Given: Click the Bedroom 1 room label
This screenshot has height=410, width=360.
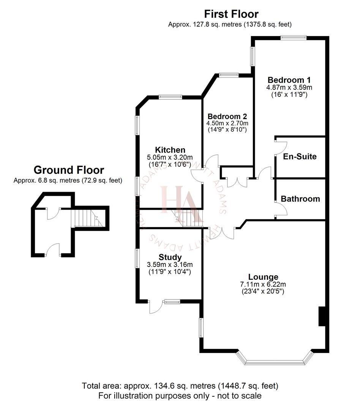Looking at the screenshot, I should (x=289, y=80).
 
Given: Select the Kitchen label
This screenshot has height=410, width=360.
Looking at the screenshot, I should (x=170, y=150).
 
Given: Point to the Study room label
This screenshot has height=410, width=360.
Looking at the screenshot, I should (x=170, y=258).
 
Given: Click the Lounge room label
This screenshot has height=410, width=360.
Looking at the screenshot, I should (x=263, y=277).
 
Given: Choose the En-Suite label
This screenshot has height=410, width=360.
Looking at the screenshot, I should (x=300, y=156).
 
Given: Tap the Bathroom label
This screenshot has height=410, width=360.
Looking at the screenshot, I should (x=300, y=199).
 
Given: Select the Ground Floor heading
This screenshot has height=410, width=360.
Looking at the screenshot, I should (x=69, y=170).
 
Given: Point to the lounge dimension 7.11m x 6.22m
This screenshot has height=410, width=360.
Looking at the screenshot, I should (x=263, y=284).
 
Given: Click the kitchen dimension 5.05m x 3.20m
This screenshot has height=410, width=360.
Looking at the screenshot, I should (x=170, y=158).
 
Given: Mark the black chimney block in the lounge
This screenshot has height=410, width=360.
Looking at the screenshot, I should (x=322, y=316).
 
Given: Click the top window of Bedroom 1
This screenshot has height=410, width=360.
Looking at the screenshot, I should (x=293, y=37).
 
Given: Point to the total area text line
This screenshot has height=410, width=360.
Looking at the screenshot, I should (x=180, y=386).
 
